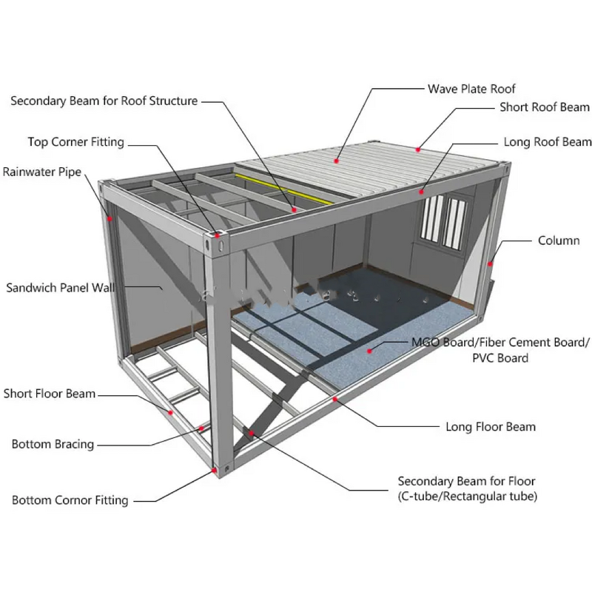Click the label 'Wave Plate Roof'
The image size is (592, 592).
(471, 89)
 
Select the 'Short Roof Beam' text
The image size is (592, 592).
(544, 107)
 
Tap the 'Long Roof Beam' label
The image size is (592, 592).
(547, 141)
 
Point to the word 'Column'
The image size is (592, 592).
(559, 240)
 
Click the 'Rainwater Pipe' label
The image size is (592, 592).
(41, 172)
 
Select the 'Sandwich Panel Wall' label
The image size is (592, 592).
(61, 287)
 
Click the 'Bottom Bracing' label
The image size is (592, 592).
(53, 444)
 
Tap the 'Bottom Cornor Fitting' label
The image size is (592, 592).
(70, 500)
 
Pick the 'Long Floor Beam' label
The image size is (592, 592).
(490, 426)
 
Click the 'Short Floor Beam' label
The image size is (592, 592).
(50, 393)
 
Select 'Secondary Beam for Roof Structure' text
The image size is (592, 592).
(104, 101)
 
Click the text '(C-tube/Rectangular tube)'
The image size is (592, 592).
(468, 496)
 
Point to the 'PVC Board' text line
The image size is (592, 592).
(500, 358)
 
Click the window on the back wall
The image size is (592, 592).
(443, 218)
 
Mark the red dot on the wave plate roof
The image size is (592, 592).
(337, 159)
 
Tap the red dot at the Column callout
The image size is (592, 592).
(490, 262)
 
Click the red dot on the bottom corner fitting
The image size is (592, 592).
(215, 468)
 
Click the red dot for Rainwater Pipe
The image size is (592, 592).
(110, 218)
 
